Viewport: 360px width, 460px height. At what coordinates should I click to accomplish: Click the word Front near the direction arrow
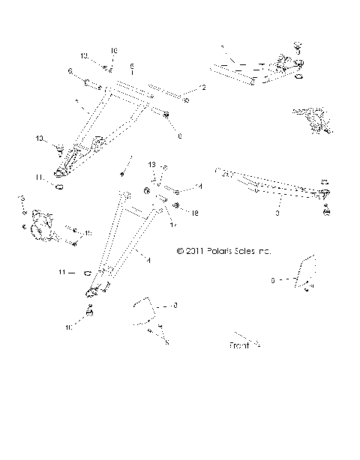point(238,346)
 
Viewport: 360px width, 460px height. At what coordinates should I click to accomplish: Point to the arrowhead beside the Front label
point(256,345)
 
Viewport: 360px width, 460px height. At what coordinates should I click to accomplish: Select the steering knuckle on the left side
point(39,224)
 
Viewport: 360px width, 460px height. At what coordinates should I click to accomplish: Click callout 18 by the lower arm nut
point(195,214)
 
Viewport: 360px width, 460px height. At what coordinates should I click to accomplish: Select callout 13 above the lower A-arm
point(151,184)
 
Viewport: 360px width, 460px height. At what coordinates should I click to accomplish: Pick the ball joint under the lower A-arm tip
point(89,309)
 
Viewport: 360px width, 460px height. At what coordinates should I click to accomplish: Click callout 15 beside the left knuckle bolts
point(88,234)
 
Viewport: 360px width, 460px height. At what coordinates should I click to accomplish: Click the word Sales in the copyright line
point(251,252)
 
